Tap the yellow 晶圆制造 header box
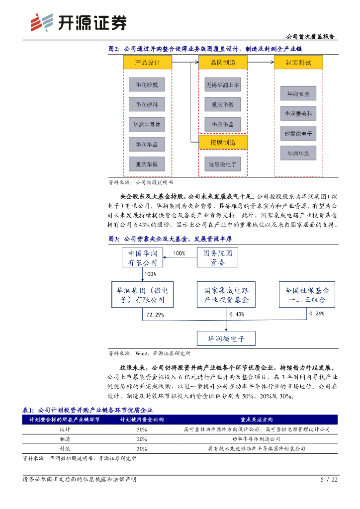click(222, 62)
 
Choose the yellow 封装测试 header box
click(298, 63)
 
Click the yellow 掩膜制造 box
click(222, 143)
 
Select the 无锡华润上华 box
click(222, 85)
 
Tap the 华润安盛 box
click(298, 93)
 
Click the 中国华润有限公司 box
click(143, 257)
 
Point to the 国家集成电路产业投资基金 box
click(226, 295)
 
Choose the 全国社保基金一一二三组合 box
click(307, 295)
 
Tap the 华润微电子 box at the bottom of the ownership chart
click(226, 339)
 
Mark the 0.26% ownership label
click(317, 314)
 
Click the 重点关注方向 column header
click(256, 420)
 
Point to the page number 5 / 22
click(329, 479)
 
